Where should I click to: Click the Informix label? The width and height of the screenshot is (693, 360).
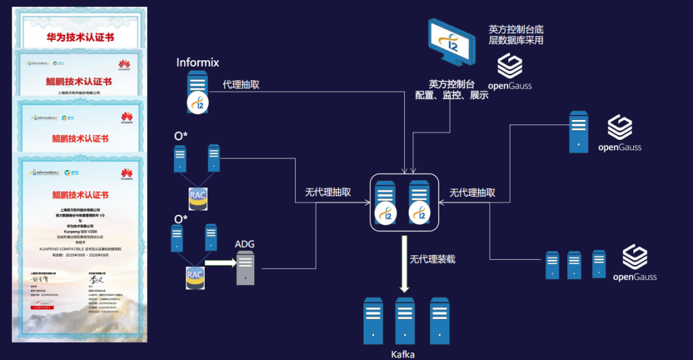point(198,62)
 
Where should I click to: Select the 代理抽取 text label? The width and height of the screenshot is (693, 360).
point(241,84)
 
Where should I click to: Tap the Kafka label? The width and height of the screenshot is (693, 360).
point(403,354)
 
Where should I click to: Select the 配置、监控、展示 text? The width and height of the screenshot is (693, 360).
point(452,95)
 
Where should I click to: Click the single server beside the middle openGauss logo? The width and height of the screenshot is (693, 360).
point(579,132)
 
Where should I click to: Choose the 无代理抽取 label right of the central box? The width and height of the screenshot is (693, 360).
point(472,193)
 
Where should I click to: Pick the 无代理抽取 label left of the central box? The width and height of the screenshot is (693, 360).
point(328,193)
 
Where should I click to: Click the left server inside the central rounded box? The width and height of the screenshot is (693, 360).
point(386,201)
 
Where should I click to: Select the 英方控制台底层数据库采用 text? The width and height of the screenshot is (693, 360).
point(517,35)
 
